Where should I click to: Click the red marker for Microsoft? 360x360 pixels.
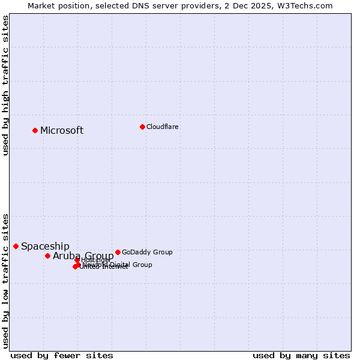click(35, 130)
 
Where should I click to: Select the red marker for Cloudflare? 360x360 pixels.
click(142, 127)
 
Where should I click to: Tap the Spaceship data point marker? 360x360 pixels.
click(16, 246)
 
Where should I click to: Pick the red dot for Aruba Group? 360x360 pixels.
click(47, 256)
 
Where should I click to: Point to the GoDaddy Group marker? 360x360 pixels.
click(118, 252)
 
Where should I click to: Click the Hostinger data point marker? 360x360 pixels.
click(77, 260)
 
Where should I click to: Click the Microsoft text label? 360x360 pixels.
click(62, 131)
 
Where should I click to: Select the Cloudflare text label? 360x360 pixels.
click(162, 127)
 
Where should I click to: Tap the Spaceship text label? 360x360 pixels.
click(45, 247)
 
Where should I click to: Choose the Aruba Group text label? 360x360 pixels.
click(83, 256)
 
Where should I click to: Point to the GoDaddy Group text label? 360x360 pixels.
click(147, 253)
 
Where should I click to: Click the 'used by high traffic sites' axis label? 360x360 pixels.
click(5, 85)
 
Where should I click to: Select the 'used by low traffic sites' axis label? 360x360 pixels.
click(5, 280)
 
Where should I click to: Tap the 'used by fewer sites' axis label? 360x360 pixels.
click(62, 355)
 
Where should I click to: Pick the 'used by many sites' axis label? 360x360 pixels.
click(301, 355)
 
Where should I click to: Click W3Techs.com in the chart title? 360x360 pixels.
click(310, 5)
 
